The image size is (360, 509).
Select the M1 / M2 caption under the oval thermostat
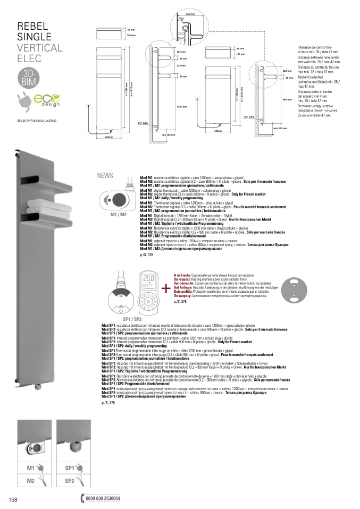(x=119, y=215)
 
